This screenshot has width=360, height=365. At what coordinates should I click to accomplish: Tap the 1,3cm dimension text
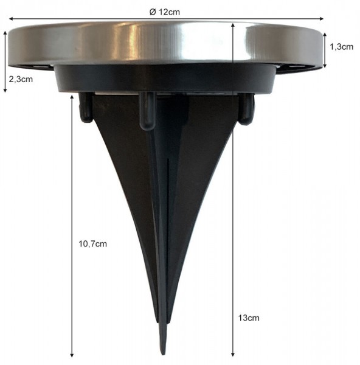pos(341,47)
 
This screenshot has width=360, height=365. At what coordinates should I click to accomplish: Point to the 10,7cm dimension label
pos(92,244)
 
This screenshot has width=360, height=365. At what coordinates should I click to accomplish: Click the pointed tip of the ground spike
pos(162,352)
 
